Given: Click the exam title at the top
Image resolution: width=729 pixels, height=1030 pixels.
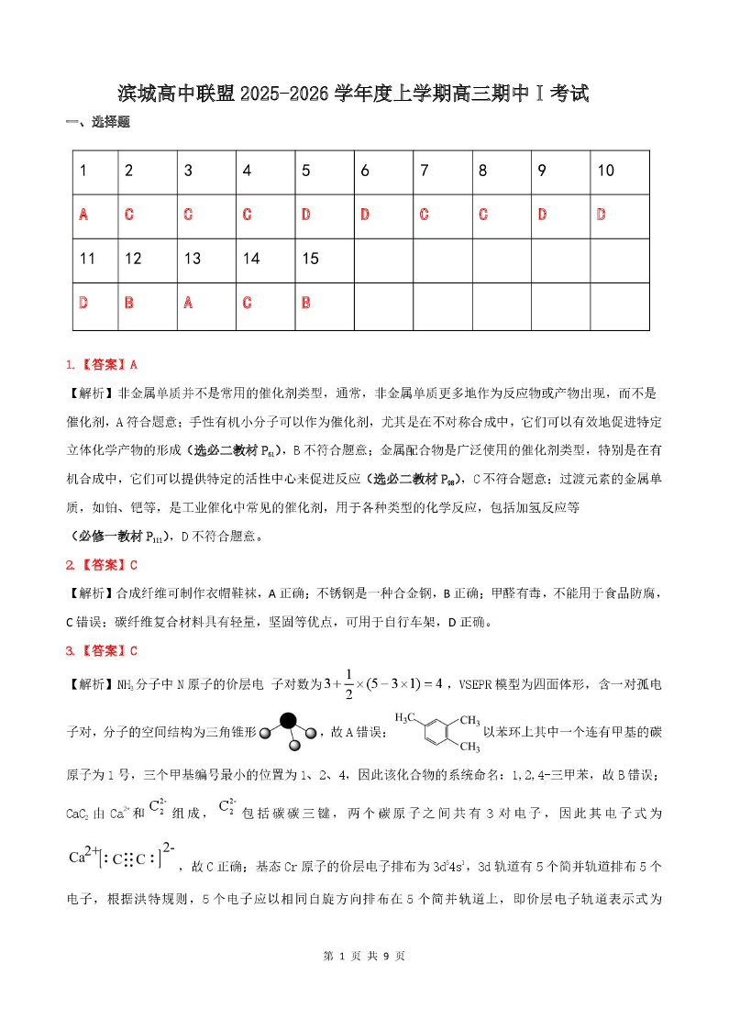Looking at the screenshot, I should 364,94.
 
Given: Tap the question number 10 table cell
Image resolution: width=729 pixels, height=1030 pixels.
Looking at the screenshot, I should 606,171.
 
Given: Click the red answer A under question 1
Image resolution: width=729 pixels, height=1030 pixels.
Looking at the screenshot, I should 83,215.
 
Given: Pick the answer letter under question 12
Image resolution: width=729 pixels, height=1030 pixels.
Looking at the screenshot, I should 128,303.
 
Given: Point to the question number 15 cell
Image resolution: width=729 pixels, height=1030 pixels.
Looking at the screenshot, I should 310,259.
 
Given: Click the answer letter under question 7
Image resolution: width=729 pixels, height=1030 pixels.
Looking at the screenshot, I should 424,215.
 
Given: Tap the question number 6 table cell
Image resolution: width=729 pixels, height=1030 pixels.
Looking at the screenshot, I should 365,171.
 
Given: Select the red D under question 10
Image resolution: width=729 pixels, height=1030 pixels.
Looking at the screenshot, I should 602,215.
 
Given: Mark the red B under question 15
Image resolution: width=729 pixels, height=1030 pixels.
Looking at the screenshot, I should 306,303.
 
